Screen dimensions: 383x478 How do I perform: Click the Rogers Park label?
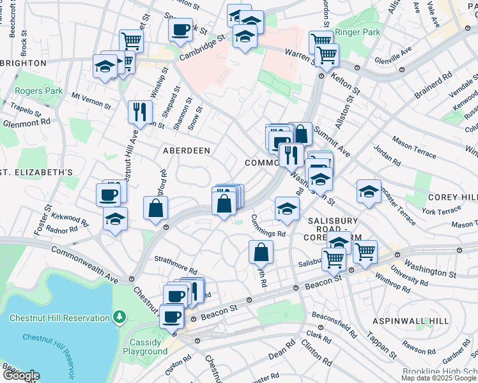[x=38, y=91]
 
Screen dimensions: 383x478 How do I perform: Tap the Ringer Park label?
[x=360, y=32]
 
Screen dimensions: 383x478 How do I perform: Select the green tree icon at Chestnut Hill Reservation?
[x=119, y=317]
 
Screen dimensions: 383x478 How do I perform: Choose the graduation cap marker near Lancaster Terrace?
[x=369, y=191]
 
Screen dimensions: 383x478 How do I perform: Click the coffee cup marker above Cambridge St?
[x=180, y=29]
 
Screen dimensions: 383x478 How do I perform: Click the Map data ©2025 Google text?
[x=438, y=378]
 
